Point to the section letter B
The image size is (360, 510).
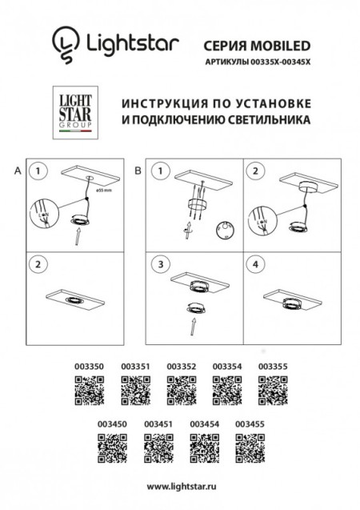click(137, 171)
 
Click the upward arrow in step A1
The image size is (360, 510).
click(78, 235)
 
